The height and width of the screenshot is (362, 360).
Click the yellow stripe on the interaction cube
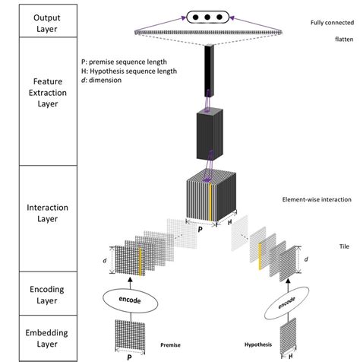click(x=210, y=198)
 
